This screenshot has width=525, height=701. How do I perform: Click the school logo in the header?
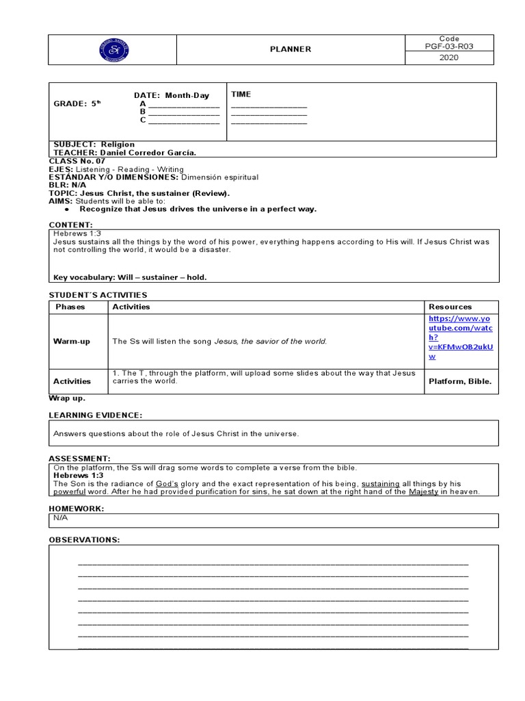pyautogui.click(x=113, y=49)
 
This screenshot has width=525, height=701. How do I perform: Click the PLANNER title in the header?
pyautogui.click(x=291, y=49)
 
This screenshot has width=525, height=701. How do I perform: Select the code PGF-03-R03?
pyautogui.click(x=449, y=47)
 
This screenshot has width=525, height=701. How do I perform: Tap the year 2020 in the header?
pyautogui.click(x=449, y=58)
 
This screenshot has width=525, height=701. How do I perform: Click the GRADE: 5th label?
pyautogui.click(x=77, y=104)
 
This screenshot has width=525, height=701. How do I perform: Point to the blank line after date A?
pyautogui.click(x=184, y=104)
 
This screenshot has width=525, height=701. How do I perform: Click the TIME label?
pyautogui.click(x=241, y=94)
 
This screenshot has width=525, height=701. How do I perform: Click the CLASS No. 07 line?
pyautogui.click(x=77, y=161)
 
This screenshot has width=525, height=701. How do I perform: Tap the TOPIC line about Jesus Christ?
pyautogui.click(x=139, y=193)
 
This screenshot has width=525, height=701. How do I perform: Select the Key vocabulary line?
pyautogui.click(x=130, y=277)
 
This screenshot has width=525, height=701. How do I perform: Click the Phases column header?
pyautogui.click(x=70, y=307)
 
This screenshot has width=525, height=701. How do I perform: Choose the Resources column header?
pyautogui.click(x=450, y=307)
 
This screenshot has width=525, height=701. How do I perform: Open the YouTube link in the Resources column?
pyautogui.click(x=461, y=338)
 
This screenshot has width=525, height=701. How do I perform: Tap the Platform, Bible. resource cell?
pyautogui.click(x=460, y=381)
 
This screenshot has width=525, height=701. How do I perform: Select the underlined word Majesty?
pyautogui.click(x=423, y=492)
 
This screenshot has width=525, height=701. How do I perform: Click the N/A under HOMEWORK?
pyautogui.click(x=61, y=518)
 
